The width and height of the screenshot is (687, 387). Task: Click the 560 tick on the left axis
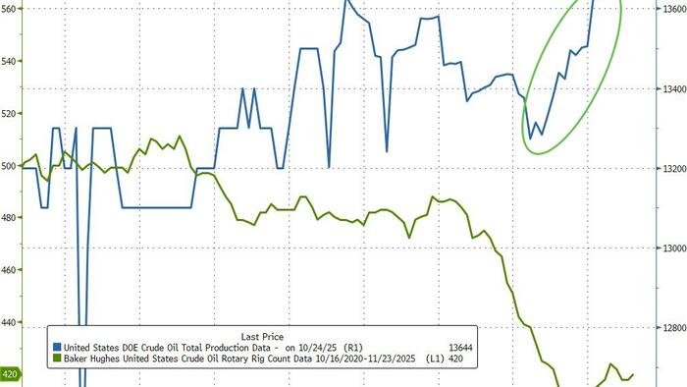pos(10,10)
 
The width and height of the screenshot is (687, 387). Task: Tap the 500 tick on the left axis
pos(10,166)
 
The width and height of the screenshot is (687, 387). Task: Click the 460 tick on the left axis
pos(10,270)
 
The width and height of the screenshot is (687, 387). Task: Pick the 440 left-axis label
pos(10,322)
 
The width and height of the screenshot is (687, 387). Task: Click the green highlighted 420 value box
pos(11,374)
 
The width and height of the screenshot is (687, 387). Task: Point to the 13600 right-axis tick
pos(672,10)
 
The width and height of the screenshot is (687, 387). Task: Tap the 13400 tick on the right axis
pos(672,89)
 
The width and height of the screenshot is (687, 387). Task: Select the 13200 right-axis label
pos(672,169)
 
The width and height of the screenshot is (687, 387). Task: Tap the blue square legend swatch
pos(58,348)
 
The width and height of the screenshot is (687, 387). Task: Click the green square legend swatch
pos(58,360)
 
